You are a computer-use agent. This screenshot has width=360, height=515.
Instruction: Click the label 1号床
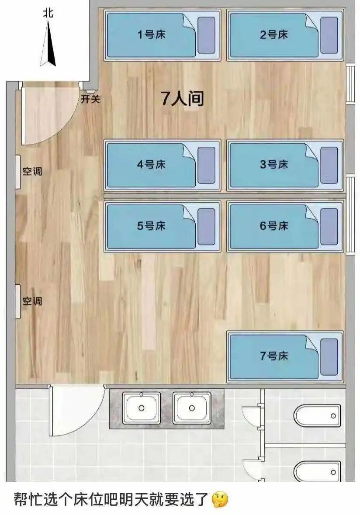point(152,35)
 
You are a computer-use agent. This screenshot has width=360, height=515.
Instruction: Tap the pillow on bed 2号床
point(329,35)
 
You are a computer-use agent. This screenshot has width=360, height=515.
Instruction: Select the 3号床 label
point(274,165)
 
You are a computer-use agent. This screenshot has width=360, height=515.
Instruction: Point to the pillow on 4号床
point(206,165)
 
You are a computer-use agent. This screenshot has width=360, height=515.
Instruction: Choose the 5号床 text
point(152,226)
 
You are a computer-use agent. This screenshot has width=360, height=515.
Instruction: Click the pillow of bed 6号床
point(329,226)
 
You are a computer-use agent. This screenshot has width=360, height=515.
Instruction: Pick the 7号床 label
point(274,356)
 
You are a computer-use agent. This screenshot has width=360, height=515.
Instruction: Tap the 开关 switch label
point(90,99)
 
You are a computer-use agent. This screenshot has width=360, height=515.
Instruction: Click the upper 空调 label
point(32,171)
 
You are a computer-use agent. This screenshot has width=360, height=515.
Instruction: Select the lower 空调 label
point(32,301)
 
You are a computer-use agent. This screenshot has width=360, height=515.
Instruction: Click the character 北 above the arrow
point(48,13)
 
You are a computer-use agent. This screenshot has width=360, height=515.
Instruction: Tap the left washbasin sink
point(141,408)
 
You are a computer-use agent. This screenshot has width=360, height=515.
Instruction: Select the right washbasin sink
point(191,408)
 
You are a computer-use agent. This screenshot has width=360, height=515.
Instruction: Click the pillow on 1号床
point(206,35)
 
